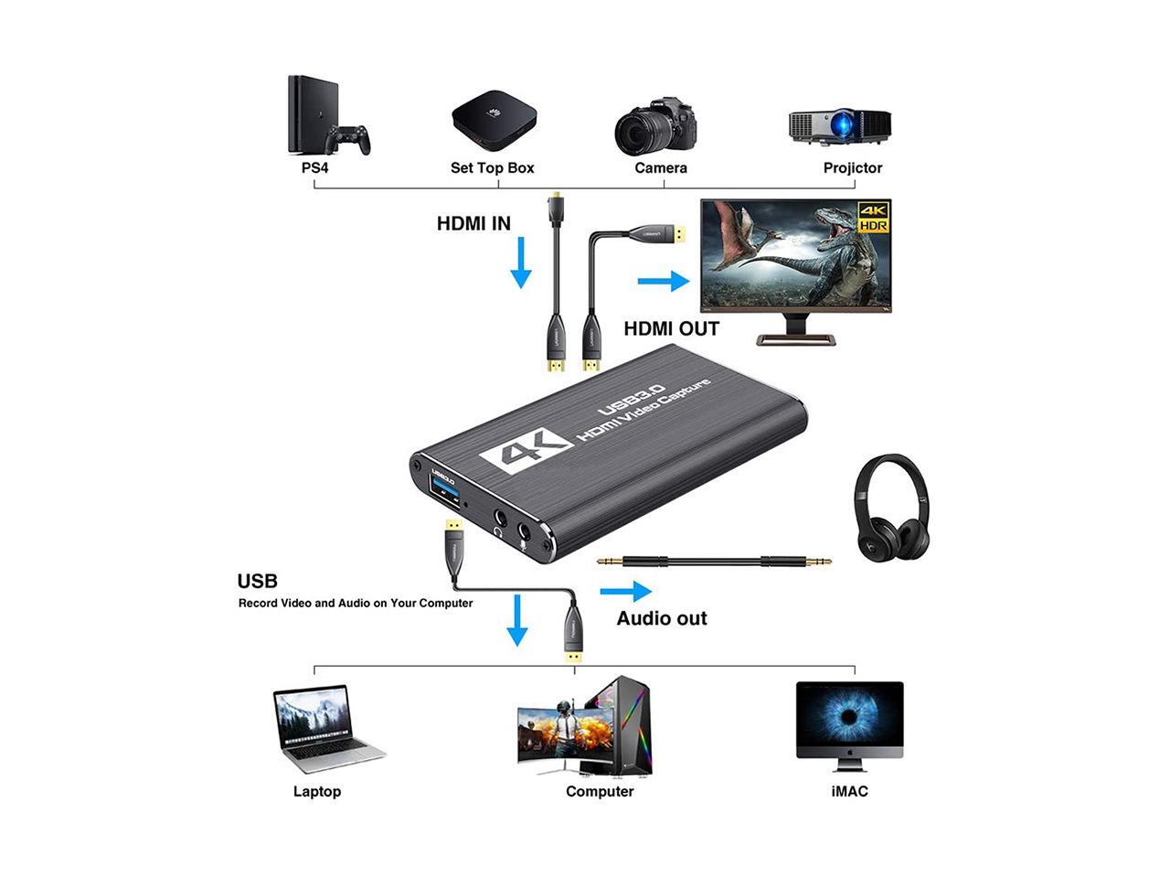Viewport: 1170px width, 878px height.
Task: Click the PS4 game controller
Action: (x=350, y=139)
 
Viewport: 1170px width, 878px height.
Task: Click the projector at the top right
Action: (x=839, y=124)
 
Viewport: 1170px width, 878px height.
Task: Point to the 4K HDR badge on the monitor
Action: (x=873, y=217)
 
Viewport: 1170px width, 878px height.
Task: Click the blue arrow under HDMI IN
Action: (x=521, y=262)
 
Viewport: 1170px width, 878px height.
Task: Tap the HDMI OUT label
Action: (x=671, y=329)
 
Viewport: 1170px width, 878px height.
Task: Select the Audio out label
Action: (x=662, y=619)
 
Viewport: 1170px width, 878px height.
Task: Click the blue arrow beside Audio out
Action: (x=626, y=592)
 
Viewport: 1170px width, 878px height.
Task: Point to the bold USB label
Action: (x=257, y=582)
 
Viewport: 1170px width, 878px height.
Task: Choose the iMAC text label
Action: (x=849, y=791)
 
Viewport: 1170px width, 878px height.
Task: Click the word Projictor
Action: (x=852, y=168)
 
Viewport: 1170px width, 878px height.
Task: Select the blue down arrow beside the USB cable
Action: (x=517, y=621)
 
